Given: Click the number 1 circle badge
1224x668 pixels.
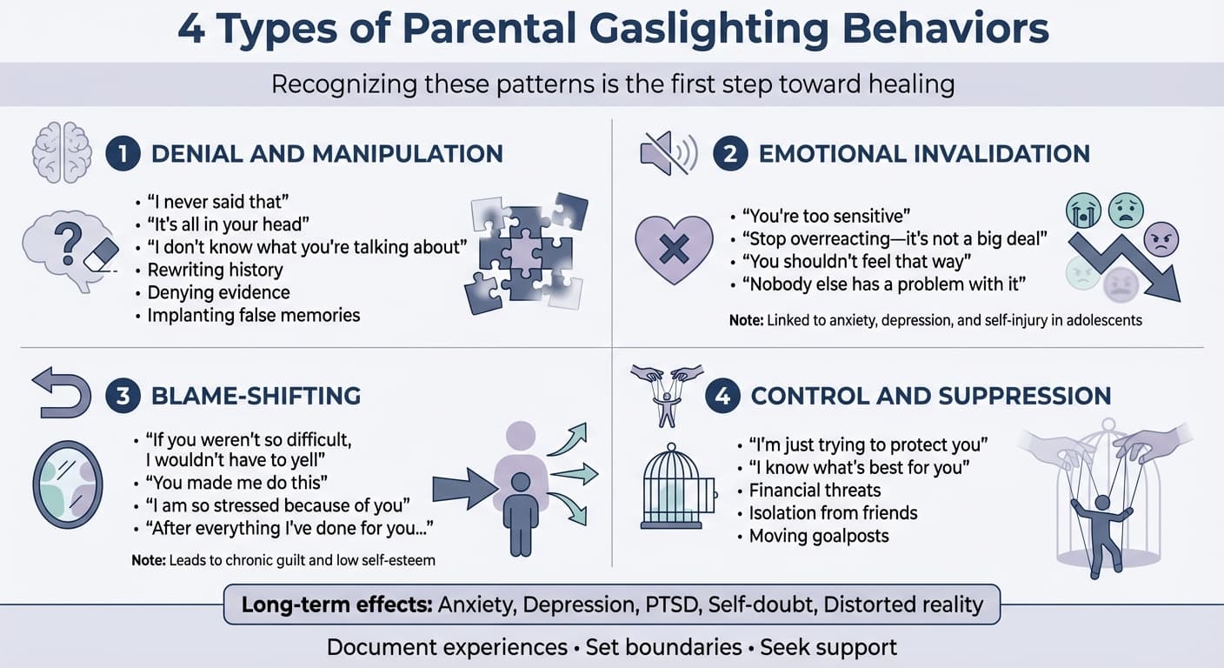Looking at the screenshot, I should tap(123, 154).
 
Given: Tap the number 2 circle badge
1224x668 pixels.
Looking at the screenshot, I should tap(730, 154).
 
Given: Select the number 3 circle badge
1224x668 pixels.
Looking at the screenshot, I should tap(123, 396).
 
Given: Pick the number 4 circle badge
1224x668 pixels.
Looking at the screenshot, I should tap(722, 396).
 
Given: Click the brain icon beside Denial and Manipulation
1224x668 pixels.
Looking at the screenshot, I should tap(61, 151).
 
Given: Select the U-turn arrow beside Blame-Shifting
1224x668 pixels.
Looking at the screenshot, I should tap(61, 393).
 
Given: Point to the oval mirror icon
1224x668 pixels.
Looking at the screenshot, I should tap(67, 484).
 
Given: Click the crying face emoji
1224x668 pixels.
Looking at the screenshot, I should tap(1085, 211).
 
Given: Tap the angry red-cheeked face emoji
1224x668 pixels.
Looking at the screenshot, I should tap(1160, 238).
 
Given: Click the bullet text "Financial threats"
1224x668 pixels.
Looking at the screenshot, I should tap(815, 490).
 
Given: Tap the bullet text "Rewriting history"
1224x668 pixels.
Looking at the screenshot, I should tap(215, 270).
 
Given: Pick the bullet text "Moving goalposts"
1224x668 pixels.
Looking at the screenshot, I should tap(819, 535).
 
